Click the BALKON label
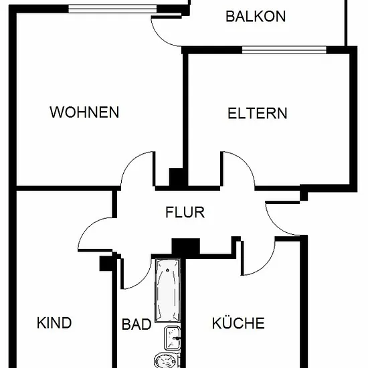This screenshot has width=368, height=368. coord(256,16)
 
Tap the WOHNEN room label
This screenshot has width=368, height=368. coord(84,112)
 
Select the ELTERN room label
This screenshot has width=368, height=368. coord(257,113)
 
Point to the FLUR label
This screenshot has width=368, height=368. coord(185,212)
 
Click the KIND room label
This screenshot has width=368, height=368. coord(54,323)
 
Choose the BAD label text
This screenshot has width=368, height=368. coord(136,325)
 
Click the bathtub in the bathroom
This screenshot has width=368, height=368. coord(167,290)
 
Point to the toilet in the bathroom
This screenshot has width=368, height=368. coord(167,360)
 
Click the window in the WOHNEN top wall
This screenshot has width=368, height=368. coord(112,9)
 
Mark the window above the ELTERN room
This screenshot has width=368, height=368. coord(284,50)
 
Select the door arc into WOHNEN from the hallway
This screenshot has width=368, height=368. coord(131,162)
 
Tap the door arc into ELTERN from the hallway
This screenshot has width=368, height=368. coord(244,162)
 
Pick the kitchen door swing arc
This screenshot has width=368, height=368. coord(264,265)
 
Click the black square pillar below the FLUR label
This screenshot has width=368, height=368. coord(186,246)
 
